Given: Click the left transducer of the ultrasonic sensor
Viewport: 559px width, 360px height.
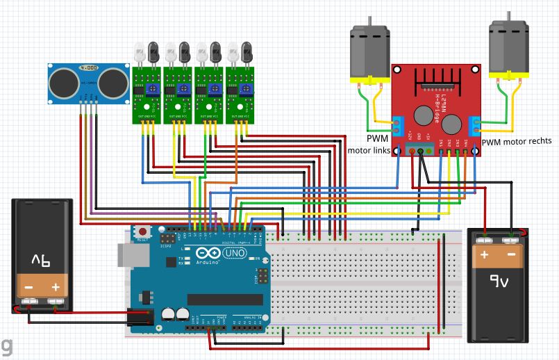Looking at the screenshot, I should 62,82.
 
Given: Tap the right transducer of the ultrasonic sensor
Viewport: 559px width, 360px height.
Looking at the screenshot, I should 112,82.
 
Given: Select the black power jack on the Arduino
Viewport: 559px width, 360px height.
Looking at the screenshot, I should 140,318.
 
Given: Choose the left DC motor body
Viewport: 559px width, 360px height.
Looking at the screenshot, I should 369,54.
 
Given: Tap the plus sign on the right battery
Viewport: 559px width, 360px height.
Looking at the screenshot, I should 483,255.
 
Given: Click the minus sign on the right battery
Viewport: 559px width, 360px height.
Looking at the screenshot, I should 511,255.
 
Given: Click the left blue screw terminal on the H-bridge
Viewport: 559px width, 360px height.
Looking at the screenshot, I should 398,124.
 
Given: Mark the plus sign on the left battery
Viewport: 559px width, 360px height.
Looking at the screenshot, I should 56,286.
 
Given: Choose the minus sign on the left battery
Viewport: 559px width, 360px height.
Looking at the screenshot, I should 28,286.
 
